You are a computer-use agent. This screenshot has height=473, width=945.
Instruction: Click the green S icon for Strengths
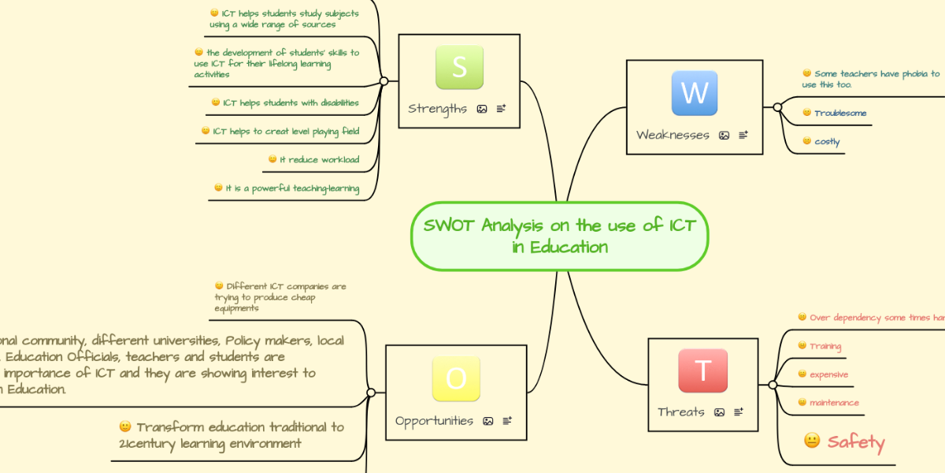(459, 67)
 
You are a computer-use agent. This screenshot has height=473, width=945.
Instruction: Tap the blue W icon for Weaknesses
(695, 93)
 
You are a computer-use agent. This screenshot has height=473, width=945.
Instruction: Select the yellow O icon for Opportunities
(456, 379)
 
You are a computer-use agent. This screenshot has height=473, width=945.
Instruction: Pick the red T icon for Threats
(702, 371)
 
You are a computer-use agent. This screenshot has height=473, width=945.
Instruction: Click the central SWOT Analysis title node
(559, 236)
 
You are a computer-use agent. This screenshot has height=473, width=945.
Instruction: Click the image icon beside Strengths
(482, 109)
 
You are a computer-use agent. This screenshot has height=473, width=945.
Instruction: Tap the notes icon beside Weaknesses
(743, 136)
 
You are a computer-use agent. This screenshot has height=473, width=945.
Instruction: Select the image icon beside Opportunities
(488, 421)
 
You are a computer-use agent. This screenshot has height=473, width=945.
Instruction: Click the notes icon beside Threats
(739, 412)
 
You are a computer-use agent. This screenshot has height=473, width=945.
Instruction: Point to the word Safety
(856, 442)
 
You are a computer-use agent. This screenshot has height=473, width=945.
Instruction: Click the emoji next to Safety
(812, 441)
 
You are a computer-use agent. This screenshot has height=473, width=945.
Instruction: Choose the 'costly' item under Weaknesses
(827, 142)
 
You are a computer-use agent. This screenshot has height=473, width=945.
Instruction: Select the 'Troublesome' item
(840, 114)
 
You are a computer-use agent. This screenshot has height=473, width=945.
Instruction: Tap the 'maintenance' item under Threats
(834, 403)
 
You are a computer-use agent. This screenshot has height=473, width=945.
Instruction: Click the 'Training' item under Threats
(825, 346)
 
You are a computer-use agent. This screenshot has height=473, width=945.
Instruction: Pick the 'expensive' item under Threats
(828, 374)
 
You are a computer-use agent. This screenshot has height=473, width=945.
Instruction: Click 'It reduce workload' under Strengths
(319, 160)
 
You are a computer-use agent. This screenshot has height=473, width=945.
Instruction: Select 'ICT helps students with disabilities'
(291, 102)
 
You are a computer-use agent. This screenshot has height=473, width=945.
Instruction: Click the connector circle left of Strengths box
(384, 80)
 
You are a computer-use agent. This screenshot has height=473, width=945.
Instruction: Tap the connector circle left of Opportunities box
(371, 392)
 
